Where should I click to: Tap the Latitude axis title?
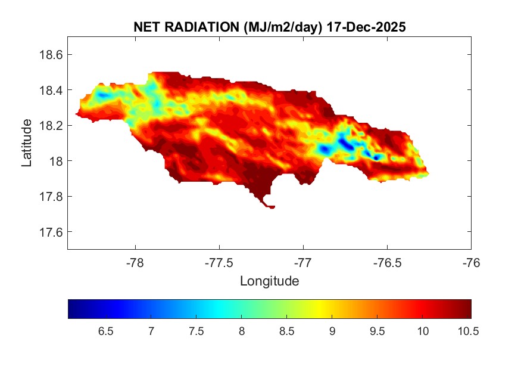27,142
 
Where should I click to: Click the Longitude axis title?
269,281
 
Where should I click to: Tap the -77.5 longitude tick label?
219,262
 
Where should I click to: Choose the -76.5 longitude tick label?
387,262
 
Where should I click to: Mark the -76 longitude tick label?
471,262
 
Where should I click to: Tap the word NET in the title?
147,27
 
